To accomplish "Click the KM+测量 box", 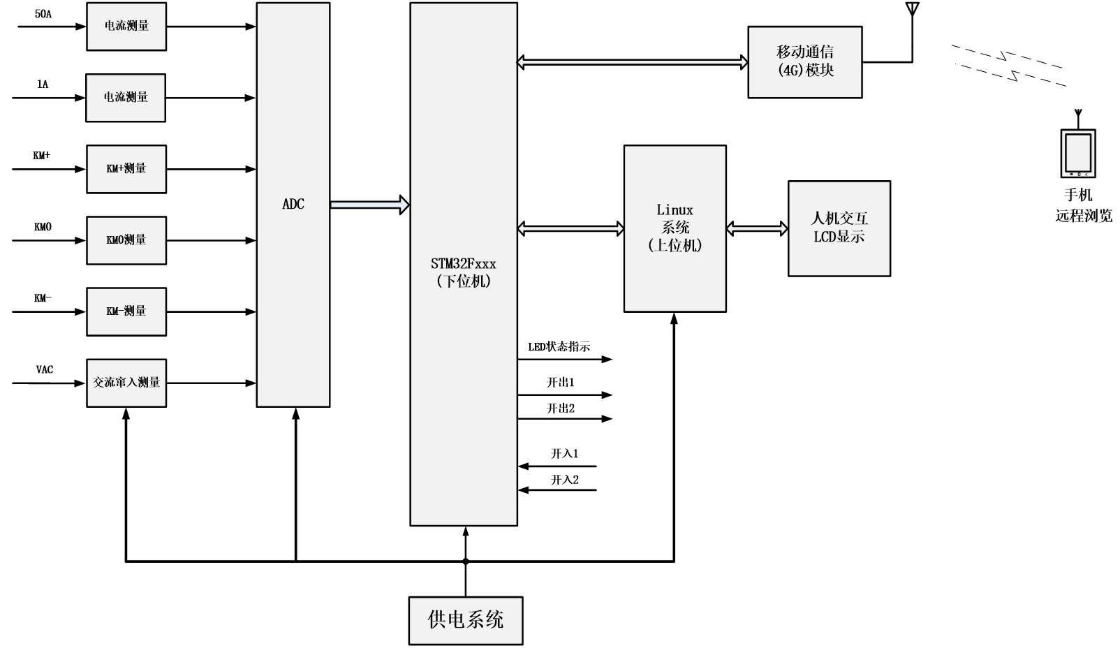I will pos(126,169).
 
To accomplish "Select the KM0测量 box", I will pos(126,240).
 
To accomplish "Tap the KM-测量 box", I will pos(126,311).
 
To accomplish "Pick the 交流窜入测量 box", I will pos(126,383).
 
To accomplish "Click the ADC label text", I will pos(293,204).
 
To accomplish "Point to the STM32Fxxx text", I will pos(464,264).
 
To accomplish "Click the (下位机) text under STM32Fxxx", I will pos(464,281).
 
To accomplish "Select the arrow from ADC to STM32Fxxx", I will pos(369,205).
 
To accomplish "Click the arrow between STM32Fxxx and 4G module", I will pos(632,62).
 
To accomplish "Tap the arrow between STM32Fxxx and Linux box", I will pos(570,228).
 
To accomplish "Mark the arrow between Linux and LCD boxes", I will pos(757,228).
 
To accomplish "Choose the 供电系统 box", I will pos(466,620).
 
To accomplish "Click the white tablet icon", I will pos(1078,154).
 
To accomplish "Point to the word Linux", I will pos(675,210).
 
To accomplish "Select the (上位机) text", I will pos(675,246).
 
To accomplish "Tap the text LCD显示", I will pos(839,237).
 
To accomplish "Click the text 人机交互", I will pos(839,219).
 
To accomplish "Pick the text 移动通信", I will pos(805,52).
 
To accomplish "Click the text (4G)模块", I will pos(805,71).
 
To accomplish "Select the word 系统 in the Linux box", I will pos(675,228).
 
